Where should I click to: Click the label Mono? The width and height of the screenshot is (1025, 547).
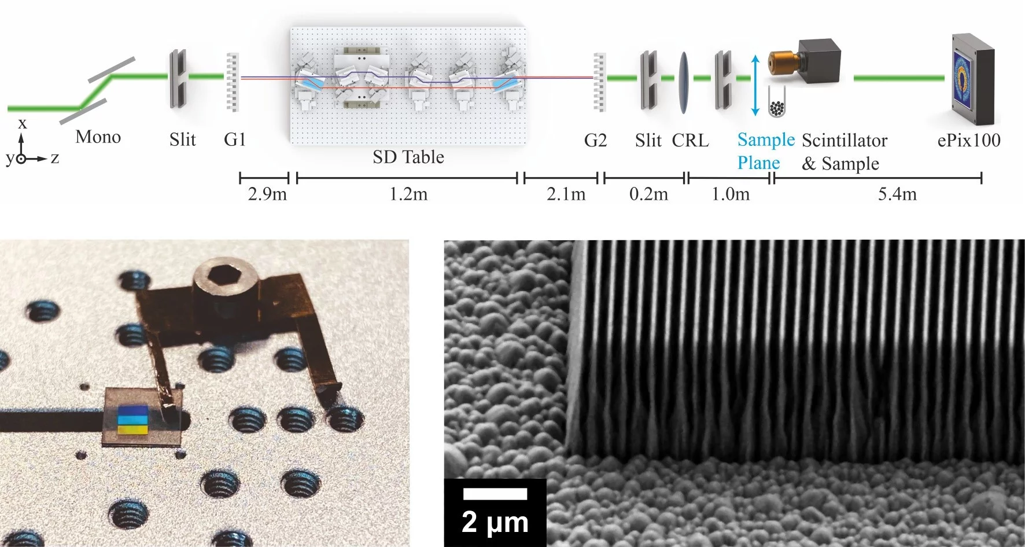point(98,137)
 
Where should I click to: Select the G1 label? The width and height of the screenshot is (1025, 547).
point(235,139)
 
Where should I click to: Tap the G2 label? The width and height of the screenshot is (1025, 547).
point(595,140)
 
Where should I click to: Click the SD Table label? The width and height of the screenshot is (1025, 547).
point(408,157)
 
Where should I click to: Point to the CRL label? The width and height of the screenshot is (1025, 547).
point(690,140)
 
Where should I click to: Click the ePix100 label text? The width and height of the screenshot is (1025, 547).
point(968,140)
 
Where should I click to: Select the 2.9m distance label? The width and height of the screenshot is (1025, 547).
point(267,194)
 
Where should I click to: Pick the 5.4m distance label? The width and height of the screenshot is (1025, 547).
point(897,194)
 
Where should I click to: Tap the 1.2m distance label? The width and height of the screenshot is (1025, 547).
point(408,194)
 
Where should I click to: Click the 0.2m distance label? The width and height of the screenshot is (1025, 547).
point(648,194)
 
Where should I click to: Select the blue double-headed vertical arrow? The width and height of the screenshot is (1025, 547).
point(754,86)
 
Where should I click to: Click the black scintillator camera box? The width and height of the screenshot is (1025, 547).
point(819,61)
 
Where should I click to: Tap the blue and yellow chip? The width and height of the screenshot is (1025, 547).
point(133,420)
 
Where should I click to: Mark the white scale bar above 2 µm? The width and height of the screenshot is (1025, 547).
point(495,494)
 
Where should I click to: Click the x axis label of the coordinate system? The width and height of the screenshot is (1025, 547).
point(23,123)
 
